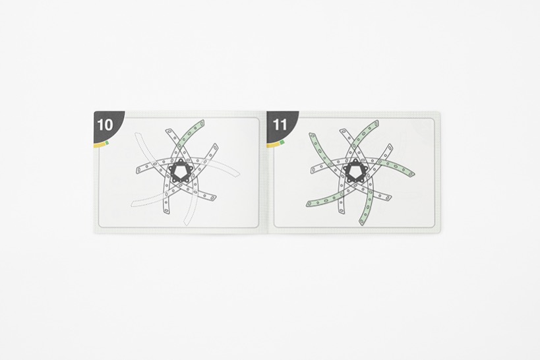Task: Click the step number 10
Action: (105, 125)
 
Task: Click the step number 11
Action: (280, 125)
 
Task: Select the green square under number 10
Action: (107, 142)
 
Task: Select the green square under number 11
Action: (282, 142)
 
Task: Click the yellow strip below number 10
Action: (100, 145)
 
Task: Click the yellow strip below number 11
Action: (274, 145)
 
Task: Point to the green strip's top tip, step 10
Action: (202, 121)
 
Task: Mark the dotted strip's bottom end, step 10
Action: (187, 224)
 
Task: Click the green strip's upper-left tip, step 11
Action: (312, 135)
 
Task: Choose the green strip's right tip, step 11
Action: (412, 175)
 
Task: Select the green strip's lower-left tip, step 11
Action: (308, 204)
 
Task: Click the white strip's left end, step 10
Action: (138, 170)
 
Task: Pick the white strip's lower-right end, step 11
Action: (388, 198)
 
